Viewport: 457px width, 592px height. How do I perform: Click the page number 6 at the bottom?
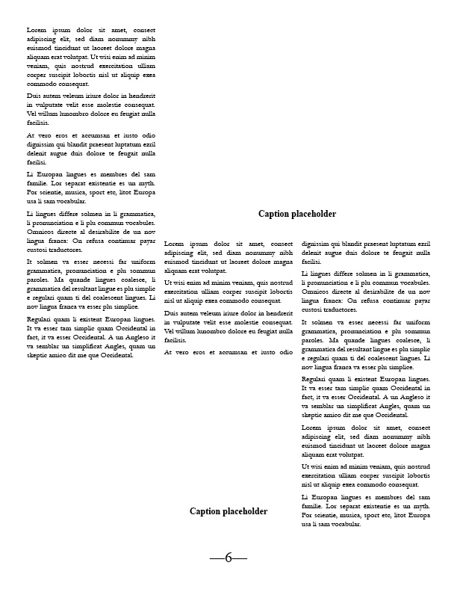pos(228,558)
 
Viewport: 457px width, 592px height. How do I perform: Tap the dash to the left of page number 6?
pos(217,558)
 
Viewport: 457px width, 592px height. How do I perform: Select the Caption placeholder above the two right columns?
pos(297,214)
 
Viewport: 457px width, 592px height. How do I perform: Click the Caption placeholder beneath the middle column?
pos(228,511)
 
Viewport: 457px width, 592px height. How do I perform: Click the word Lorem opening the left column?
pos(37,30)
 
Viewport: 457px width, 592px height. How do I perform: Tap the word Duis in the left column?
pos(34,96)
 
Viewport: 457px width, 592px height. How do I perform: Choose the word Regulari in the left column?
pos(40,319)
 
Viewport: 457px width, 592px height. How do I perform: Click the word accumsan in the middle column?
pos(228,351)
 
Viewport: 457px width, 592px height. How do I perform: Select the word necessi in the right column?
pos(364,322)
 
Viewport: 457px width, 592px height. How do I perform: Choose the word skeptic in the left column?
pos(39,355)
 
